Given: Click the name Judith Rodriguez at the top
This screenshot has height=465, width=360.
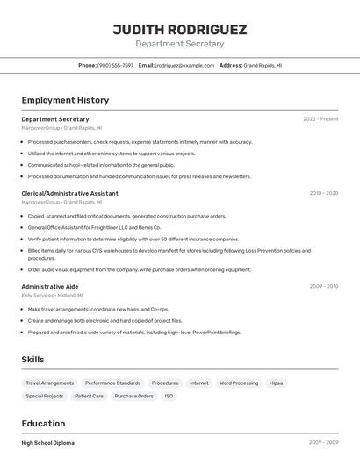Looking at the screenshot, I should (179, 29).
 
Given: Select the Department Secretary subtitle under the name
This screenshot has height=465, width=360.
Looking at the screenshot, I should (179, 44).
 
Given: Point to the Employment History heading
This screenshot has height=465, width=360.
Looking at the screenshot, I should (65, 100).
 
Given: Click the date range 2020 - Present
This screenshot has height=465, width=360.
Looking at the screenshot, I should (320, 119).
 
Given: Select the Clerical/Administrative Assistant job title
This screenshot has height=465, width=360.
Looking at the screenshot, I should (69, 193).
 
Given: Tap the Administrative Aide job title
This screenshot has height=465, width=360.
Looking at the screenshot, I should (49, 286).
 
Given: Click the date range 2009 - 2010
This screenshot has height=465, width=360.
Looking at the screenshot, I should (323, 286).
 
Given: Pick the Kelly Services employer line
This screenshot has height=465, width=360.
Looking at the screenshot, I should (52, 296).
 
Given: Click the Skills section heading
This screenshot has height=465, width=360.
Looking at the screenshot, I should (32, 360).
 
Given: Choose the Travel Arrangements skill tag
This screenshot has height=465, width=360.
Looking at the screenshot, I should (49, 383).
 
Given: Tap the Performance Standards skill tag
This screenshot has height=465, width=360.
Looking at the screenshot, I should (112, 383).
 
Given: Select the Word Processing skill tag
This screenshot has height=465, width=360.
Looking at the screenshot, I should (239, 383).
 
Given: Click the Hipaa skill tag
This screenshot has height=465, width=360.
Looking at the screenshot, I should (277, 383).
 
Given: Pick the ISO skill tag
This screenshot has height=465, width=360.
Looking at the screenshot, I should (169, 396).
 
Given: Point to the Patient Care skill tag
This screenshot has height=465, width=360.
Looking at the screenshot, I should (89, 396).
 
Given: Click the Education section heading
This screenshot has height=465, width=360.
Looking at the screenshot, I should (43, 423).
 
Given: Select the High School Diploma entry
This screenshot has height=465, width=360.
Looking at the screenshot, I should (48, 443).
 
